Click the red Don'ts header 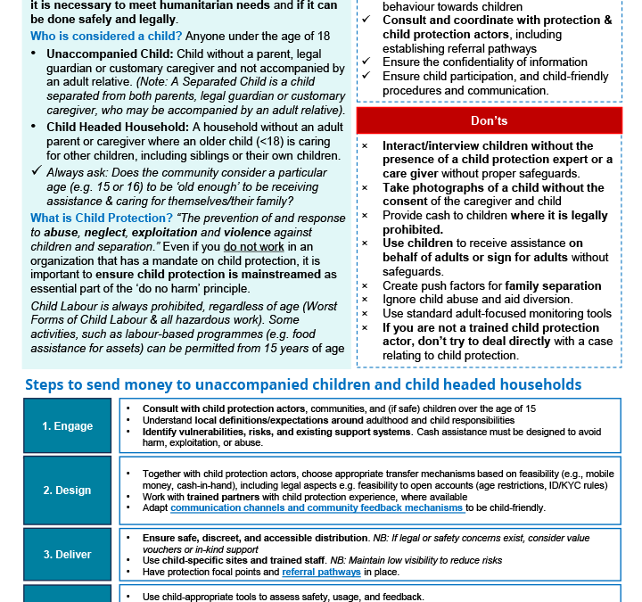click(x=489, y=120)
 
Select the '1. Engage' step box click(x=68, y=425)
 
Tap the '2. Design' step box click(x=68, y=490)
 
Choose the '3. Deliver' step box click(x=68, y=554)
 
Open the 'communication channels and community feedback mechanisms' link click(x=317, y=507)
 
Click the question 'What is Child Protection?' click(x=101, y=218)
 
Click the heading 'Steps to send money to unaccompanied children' click(x=303, y=384)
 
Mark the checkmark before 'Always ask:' click(x=36, y=170)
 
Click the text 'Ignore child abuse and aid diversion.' click(x=477, y=300)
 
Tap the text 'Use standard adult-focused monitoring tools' click(x=497, y=313)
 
